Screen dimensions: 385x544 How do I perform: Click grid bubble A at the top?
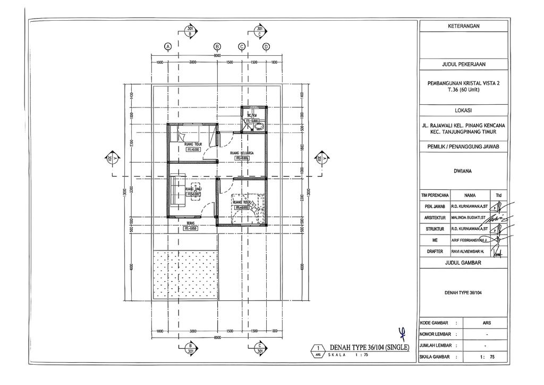point(168,46)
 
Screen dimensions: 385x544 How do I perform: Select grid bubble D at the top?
point(266,46)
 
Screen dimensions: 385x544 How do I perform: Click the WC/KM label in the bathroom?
point(250,115)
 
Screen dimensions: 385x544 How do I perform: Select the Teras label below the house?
point(190,223)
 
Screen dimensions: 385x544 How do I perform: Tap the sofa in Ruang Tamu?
point(177,191)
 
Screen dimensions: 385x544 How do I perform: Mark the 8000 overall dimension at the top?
point(217,55)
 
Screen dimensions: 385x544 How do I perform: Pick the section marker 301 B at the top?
point(190,31)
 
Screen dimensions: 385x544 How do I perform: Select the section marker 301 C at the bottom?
point(259,349)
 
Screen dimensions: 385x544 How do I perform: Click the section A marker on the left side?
point(113,158)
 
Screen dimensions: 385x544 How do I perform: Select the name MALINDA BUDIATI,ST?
point(470,217)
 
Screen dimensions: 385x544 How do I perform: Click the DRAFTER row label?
point(434,253)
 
